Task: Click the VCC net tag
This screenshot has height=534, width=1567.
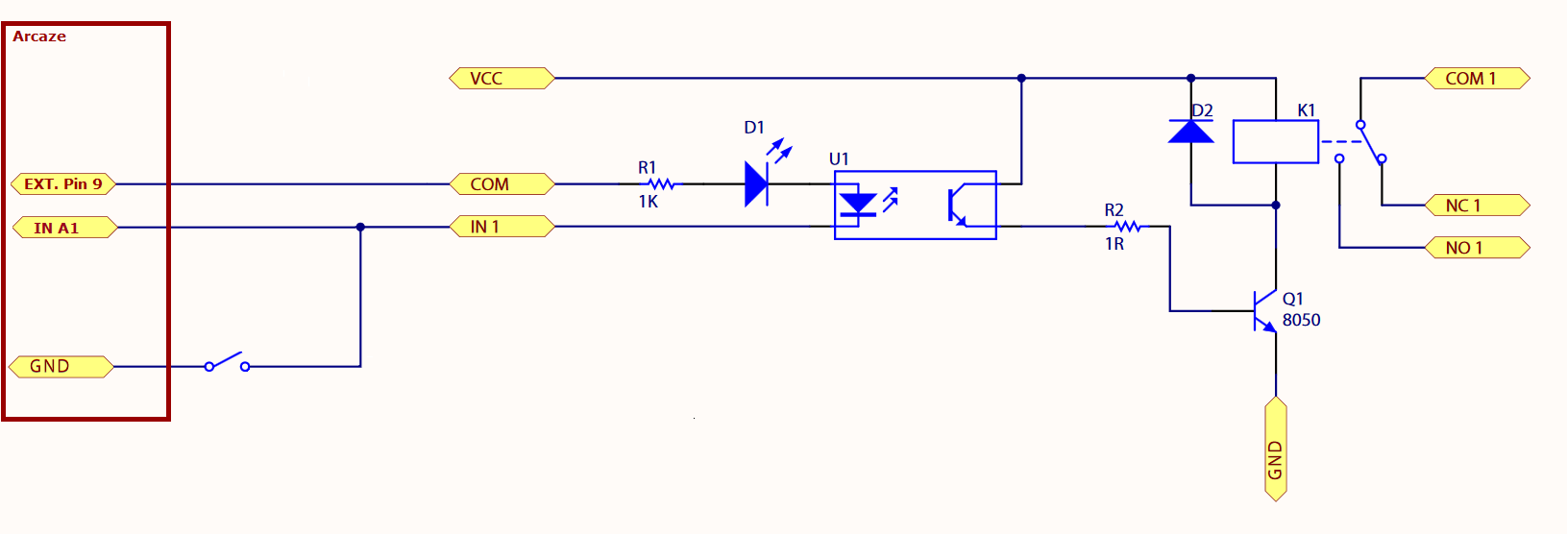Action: [502, 79]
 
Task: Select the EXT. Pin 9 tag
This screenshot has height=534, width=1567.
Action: [63, 183]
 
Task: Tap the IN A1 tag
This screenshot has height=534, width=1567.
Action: [65, 228]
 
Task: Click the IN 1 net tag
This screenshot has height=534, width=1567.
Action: [502, 227]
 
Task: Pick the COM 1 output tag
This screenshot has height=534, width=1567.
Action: [1478, 79]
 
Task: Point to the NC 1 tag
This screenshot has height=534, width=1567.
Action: [1478, 206]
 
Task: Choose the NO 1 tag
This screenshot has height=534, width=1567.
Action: [1478, 248]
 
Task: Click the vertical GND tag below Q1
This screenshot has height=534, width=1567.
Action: [1276, 449]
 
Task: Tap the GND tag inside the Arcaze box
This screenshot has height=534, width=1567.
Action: [61, 366]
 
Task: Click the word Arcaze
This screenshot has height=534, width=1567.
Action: [39, 36]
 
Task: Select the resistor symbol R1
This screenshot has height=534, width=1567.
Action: [660, 183]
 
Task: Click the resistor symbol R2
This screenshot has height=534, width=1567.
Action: [1127, 227]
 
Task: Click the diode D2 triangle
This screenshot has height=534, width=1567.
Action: [1190, 132]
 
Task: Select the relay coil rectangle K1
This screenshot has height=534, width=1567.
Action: [1276, 142]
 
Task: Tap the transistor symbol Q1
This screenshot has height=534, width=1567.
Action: [1264, 311]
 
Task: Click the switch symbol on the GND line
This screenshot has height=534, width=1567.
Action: [227, 362]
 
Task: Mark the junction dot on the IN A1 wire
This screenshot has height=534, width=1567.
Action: [360, 228]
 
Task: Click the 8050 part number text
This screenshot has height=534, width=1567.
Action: [1301, 320]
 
